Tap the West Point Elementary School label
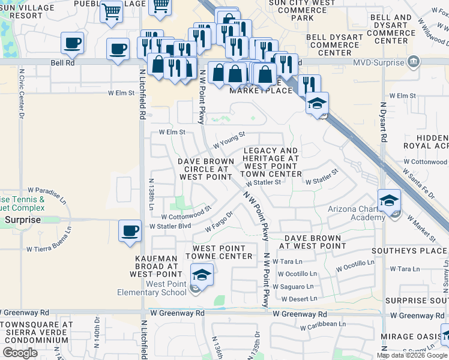tap(166, 288)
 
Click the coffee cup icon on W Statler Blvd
tap(130, 231)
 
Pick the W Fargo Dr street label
tap(218, 222)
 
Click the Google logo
tap(20, 353)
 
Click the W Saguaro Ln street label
tap(293, 287)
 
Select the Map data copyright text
tap(412, 355)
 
